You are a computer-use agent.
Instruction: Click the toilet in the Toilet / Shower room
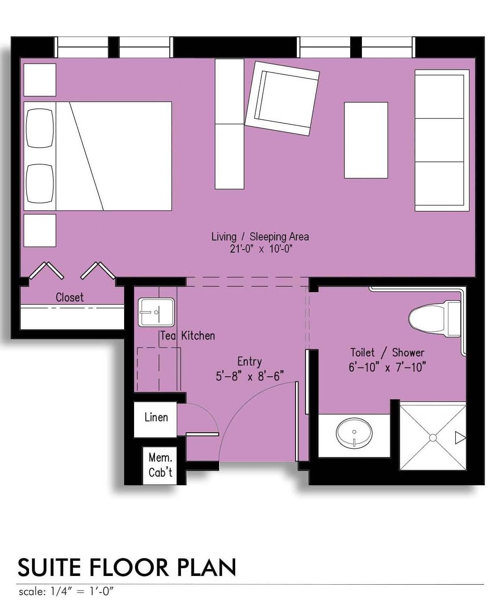434,319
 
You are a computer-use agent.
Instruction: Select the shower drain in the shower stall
433,438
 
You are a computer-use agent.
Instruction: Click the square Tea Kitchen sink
156,313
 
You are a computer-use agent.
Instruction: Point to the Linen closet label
156,417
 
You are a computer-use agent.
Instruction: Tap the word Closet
70,297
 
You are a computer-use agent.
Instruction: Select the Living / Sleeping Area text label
260,237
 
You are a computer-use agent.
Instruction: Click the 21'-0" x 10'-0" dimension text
261,249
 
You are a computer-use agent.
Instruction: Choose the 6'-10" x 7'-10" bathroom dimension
387,367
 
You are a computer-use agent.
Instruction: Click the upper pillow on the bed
39,128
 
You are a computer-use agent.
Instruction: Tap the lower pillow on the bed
39,183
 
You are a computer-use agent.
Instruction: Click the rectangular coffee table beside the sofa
366,140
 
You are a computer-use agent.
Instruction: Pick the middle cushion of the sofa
440,140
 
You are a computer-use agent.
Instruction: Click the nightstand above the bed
39,80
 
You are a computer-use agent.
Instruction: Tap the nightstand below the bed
39,230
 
